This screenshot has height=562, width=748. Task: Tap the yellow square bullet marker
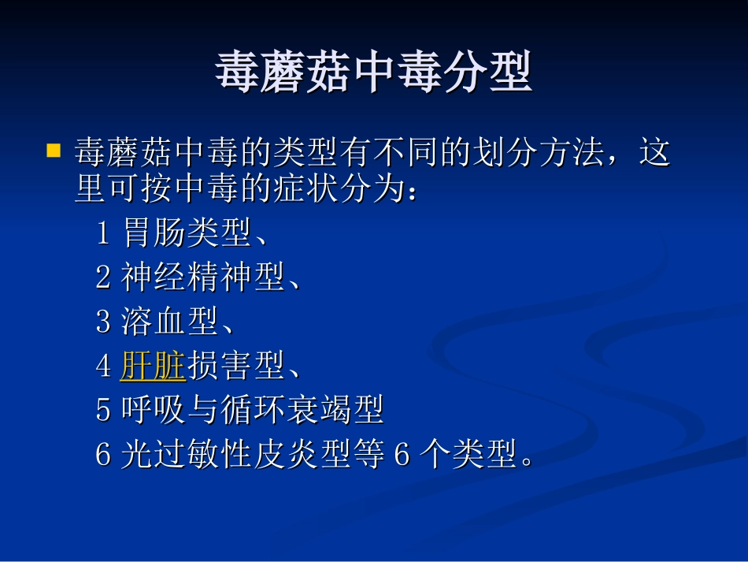pos(54,149)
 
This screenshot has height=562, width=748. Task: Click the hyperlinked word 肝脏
pos(152,366)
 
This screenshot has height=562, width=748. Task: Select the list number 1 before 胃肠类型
pos(103,233)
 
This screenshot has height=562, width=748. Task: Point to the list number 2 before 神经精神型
pos(104,277)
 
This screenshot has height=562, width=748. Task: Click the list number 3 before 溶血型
pos(104,322)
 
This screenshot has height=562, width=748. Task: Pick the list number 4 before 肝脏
pos(104,366)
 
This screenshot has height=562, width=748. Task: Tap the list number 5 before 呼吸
pos(104,410)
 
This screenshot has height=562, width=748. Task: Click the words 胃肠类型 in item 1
pos(187,233)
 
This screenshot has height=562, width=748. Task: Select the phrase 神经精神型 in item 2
pos(202,277)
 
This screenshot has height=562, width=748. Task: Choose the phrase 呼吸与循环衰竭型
pos(252,410)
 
